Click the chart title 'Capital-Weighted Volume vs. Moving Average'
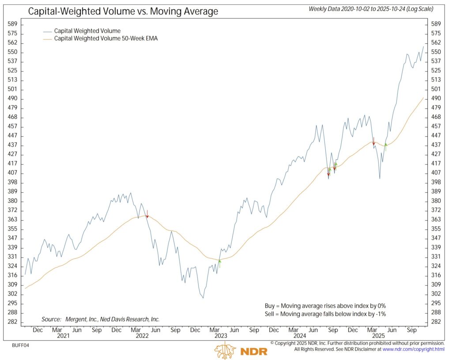pos(123,11)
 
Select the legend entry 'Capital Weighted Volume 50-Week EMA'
pos(105,39)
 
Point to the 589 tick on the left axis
pos(13,24)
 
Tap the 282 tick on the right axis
pos(436,322)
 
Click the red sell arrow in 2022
pos(147,214)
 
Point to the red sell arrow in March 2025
pos(373,142)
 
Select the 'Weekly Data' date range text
pos(371,9)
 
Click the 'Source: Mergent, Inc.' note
pos(101,319)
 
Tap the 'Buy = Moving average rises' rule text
pos(322,305)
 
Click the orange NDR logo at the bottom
pos(234,350)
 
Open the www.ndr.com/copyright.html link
pos(414,349)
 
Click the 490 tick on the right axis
pos(436,98)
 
